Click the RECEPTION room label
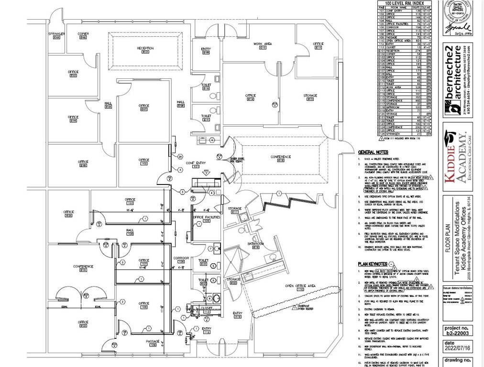(x=145, y=48)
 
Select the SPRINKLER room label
(x=56, y=34)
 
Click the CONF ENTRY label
(x=196, y=163)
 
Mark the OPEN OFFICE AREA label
(x=301, y=286)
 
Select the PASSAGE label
(x=153, y=341)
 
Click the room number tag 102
(x=144, y=163)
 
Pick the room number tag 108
(x=144, y=307)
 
